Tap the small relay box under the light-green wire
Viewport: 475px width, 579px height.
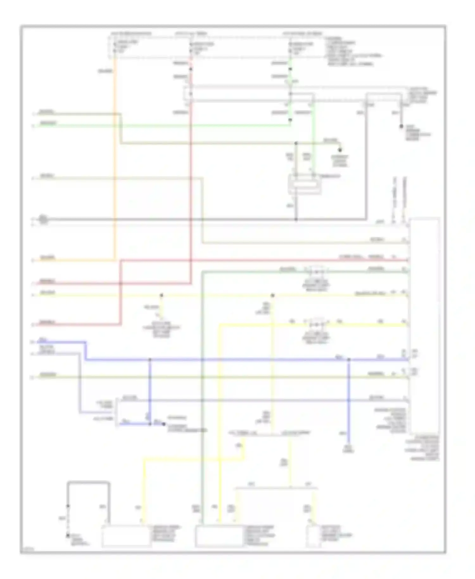(304, 184)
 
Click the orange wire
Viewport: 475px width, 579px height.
(115, 158)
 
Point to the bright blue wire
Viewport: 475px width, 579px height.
(222, 360)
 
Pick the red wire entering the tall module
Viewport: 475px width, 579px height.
(253, 260)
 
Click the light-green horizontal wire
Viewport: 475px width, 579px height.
(158, 126)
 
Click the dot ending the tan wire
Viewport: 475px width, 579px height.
(340, 150)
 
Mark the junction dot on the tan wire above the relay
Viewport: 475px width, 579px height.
(296, 143)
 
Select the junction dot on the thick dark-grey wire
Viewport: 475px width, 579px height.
(296, 219)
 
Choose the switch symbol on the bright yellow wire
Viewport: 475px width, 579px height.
(316, 325)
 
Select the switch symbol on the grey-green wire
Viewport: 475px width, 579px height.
(316, 271)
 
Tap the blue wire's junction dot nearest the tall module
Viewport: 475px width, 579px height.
(349, 360)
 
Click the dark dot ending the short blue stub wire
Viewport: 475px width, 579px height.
(164, 424)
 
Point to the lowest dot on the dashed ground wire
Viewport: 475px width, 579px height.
(68, 536)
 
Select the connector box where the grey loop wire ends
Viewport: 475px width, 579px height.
(126, 536)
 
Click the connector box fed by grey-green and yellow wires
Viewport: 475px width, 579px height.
(219, 536)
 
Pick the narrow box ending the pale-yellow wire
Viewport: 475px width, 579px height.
(313, 536)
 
